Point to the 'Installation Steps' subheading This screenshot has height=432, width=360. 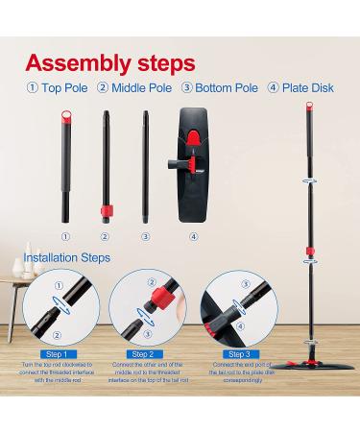(x=68, y=258)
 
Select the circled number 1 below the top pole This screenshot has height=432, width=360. (x=65, y=236)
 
